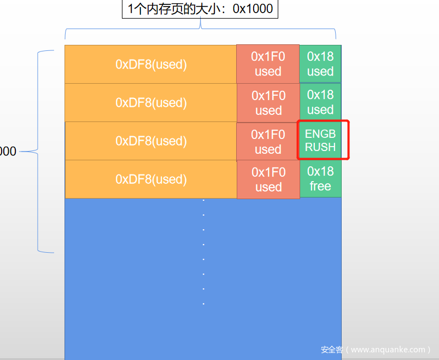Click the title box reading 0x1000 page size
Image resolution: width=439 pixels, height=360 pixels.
click(200, 9)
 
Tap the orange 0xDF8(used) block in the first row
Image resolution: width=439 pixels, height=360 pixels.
click(151, 64)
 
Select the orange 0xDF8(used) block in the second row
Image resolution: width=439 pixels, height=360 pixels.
click(151, 102)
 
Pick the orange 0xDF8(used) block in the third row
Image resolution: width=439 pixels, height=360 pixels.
click(151, 141)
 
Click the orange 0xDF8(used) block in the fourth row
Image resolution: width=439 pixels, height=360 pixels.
click(151, 179)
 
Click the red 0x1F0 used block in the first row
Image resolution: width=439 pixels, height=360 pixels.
click(268, 64)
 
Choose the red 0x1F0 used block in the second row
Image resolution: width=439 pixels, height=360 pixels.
click(268, 103)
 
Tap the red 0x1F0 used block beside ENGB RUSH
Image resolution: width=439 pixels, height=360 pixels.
click(268, 142)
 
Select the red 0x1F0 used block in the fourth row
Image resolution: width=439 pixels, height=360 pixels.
click(268, 179)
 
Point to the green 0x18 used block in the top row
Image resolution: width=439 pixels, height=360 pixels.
click(320, 64)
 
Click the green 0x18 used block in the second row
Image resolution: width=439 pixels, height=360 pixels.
click(320, 102)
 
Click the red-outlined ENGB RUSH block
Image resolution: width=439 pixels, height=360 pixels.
click(323, 140)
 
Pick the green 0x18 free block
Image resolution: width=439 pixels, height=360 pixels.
click(320, 178)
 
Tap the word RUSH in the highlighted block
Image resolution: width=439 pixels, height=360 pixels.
click(320, 147)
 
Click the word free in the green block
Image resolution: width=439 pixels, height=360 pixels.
click(320, 186)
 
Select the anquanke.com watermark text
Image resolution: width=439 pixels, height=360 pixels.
click(376, 350)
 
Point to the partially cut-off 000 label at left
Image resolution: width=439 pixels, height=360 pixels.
click(8, 152)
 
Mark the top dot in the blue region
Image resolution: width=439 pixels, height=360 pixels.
click(203, 200)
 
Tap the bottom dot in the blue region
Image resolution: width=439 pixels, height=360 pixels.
click(203, 304)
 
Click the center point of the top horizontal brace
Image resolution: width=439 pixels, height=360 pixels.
click(201, 28)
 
